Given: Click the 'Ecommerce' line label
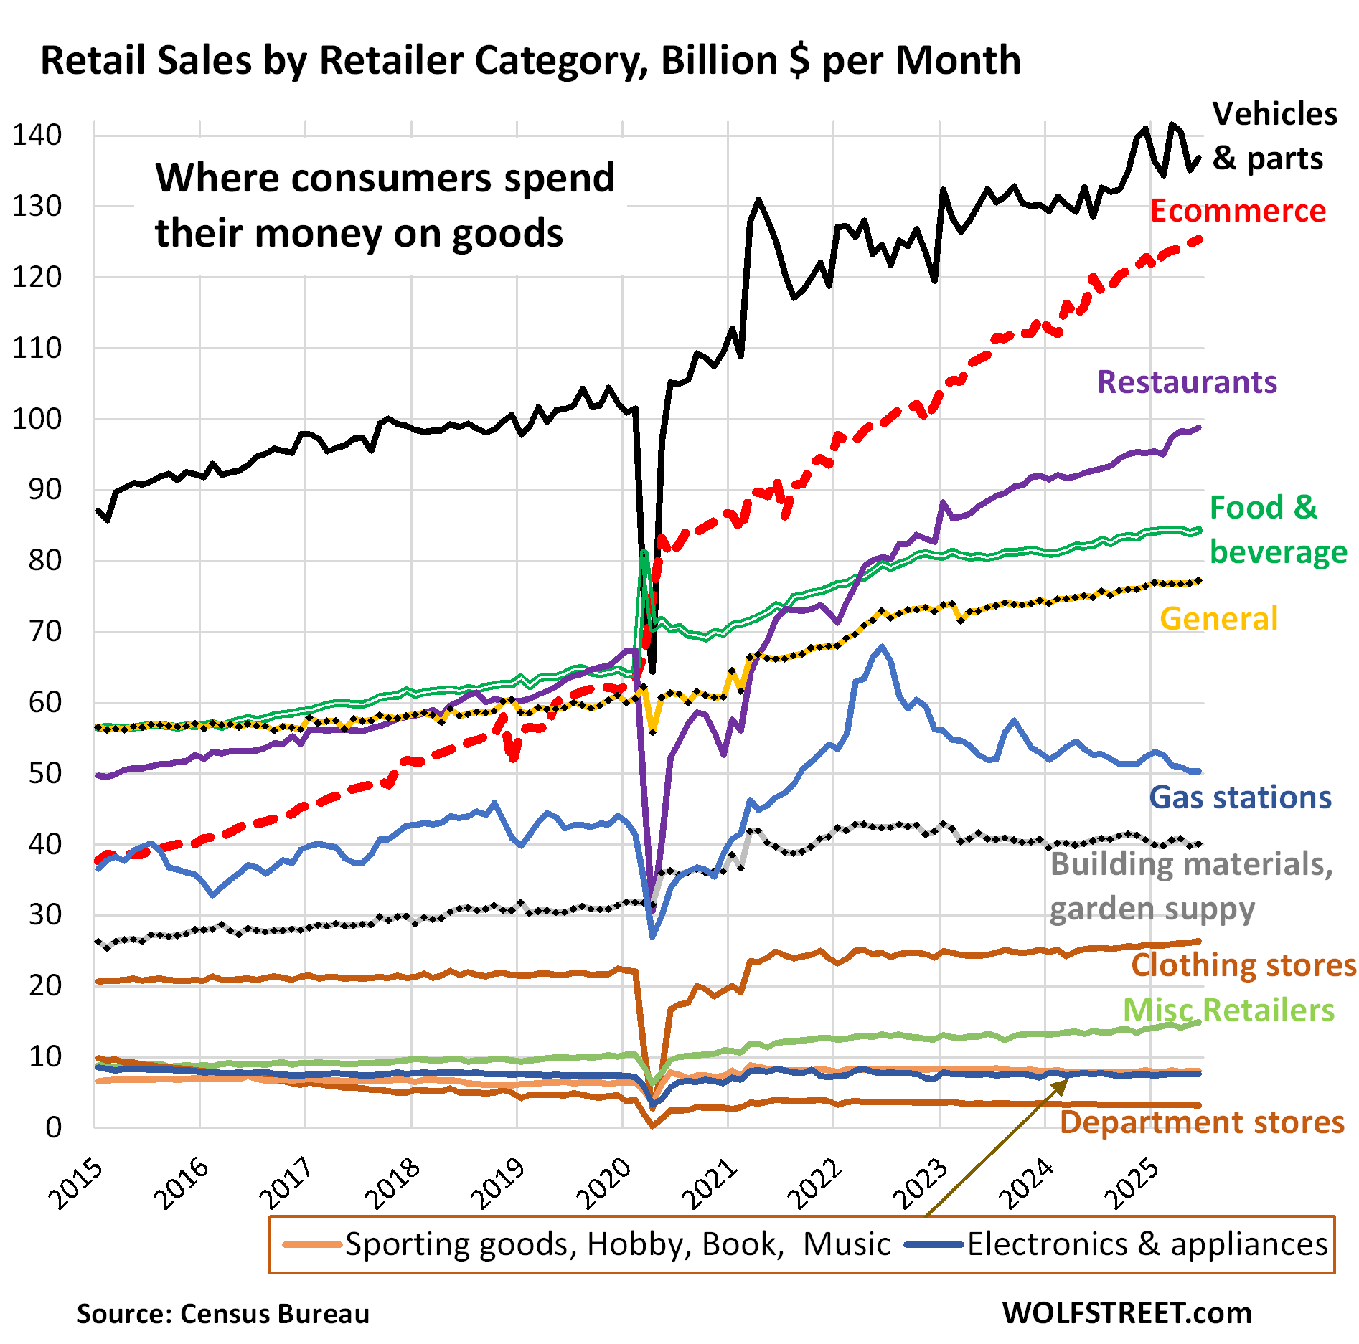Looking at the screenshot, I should pos(1238,211).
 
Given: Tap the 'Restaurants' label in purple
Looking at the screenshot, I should pos(1187,382).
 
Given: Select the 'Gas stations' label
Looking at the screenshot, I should pos(1240,798).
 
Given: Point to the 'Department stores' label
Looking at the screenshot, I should pos(1202,1122).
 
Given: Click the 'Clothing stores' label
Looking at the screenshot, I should pos(1243,965).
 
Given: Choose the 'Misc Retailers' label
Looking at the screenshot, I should pos(1228,1011).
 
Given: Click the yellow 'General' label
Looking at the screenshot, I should pos(1218,619).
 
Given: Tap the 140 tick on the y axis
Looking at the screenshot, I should pos(37,135).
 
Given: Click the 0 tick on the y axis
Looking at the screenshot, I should pos(54,1128).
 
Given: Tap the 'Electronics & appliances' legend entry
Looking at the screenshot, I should pos(1147,1244).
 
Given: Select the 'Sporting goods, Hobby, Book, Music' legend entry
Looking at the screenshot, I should pos(617,1244).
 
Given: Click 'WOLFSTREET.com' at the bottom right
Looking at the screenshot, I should pos(1127,1313).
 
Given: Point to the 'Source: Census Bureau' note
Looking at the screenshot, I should pos(223,1314).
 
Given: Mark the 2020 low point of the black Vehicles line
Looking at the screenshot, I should pos(652,671).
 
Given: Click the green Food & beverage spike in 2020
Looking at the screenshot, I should pos(644,552).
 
